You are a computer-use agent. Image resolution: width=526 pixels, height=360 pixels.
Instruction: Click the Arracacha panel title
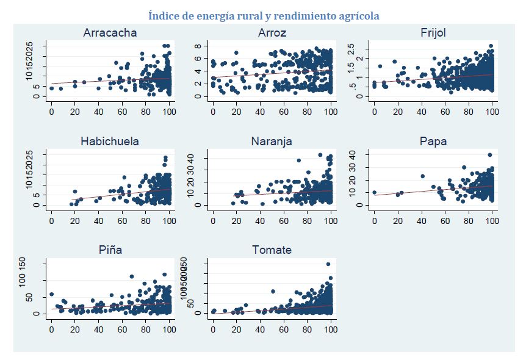(110, 33)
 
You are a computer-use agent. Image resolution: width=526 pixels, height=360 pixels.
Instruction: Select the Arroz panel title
(272, 33)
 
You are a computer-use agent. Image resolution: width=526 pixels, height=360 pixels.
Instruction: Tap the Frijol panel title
(433, 33)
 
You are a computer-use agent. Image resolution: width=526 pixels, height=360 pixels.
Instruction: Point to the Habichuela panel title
(110, 142)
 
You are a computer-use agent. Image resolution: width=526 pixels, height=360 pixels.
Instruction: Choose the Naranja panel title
(272, 142)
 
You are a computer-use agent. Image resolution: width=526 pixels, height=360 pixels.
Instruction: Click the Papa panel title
(433, 142)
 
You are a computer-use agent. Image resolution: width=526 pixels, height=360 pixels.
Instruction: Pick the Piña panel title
(110, 250)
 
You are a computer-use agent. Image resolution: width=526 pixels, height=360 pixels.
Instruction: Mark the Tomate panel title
(272, 250)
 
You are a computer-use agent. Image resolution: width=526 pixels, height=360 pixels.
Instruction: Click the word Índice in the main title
(165, 15)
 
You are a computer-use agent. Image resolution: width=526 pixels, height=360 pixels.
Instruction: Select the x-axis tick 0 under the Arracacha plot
(51, 112)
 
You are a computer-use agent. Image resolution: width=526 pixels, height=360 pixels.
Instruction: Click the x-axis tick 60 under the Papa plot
(445, 220)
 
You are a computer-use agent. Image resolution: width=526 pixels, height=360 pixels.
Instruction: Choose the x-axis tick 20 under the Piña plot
(75, 329)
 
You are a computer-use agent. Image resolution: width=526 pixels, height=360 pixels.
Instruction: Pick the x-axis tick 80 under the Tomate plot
(307, 329)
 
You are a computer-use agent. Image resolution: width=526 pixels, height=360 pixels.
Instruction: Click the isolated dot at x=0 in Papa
(374, 192)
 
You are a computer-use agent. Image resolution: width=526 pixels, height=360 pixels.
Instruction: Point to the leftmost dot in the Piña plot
(51, 295)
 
